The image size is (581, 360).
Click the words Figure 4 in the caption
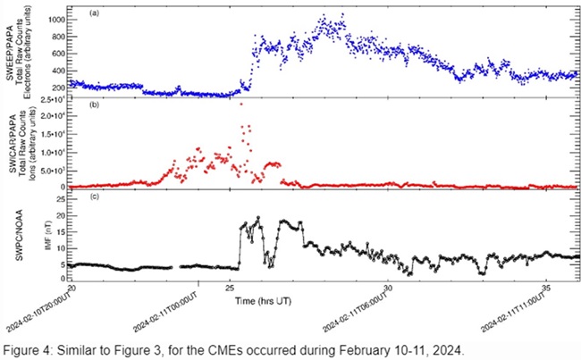tap(28, 347)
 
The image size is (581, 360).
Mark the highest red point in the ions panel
tap(241, 105)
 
